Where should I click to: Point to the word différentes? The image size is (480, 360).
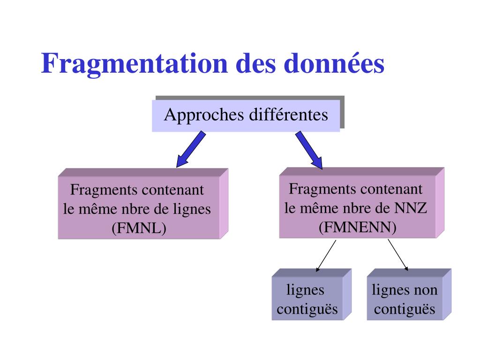click(288, 115)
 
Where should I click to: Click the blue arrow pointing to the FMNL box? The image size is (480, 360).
click(191, 149)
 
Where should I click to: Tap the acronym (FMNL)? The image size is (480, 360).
click(139, 228)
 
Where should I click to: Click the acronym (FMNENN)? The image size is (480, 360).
click(357, 227)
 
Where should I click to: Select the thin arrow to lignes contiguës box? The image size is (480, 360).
click(326, 255)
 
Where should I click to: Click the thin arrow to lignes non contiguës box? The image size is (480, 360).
click(398, 255)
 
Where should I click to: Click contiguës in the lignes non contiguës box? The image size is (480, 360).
click(405, 309)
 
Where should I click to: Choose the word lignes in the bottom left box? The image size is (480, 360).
click(305, 290)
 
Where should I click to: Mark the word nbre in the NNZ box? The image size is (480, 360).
click(357, 208)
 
